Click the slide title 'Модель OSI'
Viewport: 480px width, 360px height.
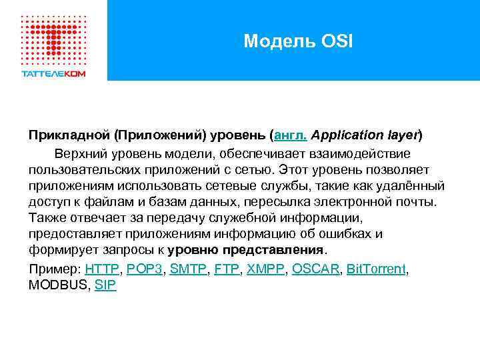[x=298, y=41]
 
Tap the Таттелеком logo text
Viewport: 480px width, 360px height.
[x=53, y=73]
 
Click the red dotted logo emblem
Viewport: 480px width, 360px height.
[x=53, y=37]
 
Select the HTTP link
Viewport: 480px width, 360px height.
[x=102, y=269]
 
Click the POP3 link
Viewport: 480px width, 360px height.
[x=145, y=269]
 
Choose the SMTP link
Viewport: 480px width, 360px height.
[x=189, y=269]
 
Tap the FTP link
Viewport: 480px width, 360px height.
[x=227, y=269]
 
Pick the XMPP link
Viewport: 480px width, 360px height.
[x=265, y=269]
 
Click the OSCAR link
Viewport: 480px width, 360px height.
[x=316, y=269]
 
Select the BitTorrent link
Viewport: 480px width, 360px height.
[x=376, y=269]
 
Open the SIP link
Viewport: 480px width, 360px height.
[x=105, y=285]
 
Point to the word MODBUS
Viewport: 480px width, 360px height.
[x=57, y=285]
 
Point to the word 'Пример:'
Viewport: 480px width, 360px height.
[x=55, y=269]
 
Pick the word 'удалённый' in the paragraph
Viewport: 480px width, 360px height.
[x=414, y=185]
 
